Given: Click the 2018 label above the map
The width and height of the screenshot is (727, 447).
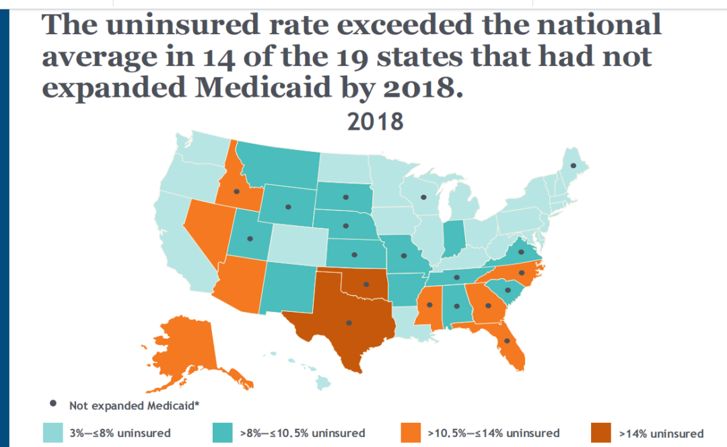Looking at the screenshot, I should pos(375,122).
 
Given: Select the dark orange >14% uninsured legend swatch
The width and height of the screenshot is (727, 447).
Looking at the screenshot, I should pos(601,432).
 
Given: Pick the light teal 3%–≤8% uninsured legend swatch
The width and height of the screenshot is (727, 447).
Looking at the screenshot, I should pos(53,432).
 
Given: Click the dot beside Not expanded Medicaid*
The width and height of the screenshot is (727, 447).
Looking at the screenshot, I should pos(53,405).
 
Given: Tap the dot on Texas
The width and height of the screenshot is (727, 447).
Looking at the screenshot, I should pos(349,323).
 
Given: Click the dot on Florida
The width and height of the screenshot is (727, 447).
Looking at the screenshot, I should pos(507,341).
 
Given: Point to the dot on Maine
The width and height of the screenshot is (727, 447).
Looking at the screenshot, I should pos(574,165).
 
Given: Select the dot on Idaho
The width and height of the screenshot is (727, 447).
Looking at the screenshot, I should pos(236,192).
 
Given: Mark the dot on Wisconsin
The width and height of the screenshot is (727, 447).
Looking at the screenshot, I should pos(424,198).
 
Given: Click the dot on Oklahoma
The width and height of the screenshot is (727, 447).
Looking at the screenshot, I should pos(366,284).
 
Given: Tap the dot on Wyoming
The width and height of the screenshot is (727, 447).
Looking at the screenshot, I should pos(288,206).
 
